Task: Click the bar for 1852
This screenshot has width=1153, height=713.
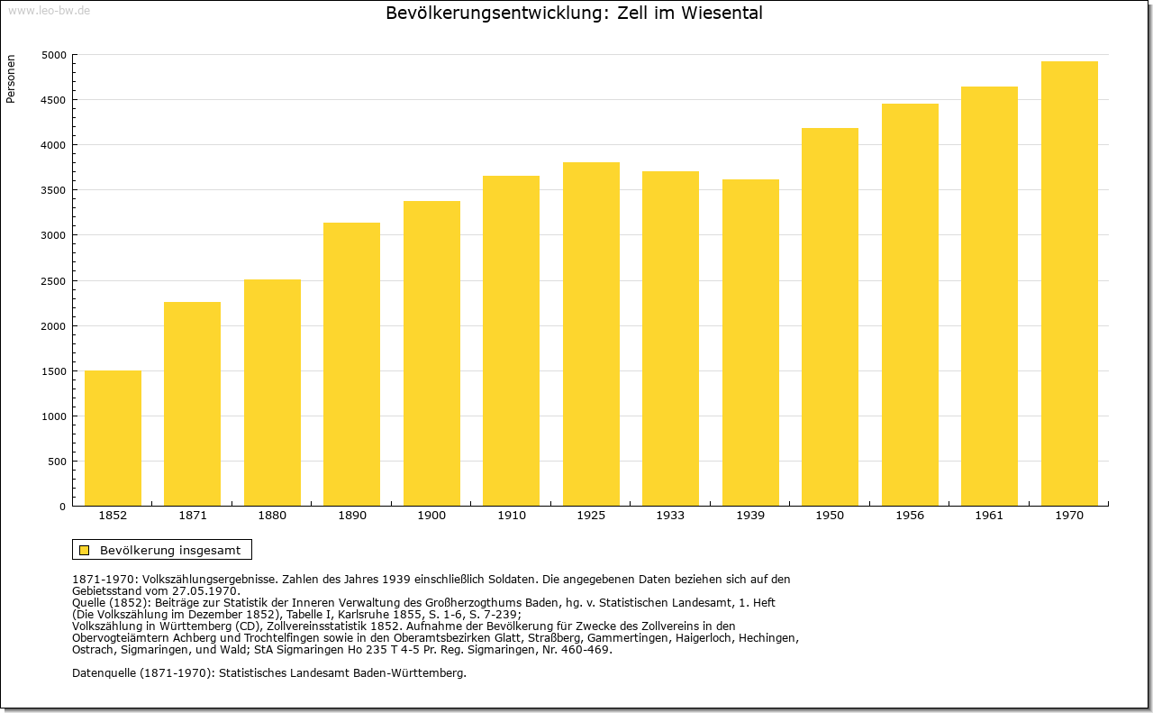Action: pyautogui.click(x=113, y=438)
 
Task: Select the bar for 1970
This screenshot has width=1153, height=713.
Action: pyautogui.click(x=1069, y=283)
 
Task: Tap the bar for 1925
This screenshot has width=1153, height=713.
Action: pyautogui.click(x=591, y=334)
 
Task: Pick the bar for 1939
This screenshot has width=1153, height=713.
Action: pyautogui.click(x=750, y=343)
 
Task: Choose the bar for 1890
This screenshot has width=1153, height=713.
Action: pyautogui.click(x=351, y=364)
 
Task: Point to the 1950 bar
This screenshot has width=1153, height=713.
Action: pyautogui.click(x=830, y=316)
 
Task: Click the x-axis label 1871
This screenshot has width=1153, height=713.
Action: pyautogui.click(x=193, y=516)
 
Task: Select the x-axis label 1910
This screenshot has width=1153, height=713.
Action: pyautogui.click(x=512, y=516)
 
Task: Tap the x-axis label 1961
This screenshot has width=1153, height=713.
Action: pyautogui.click(x=989, y=516)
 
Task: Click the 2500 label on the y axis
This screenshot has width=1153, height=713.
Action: pyautogui.click(x=53, y=281)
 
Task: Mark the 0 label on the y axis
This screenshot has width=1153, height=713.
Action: pyautogui.click(x=62, y=507)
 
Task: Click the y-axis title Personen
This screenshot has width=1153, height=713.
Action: pyautogui.click(x=10, y=78)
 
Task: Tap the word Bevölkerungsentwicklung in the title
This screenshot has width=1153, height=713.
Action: pyautogui.click(x=494, y=14)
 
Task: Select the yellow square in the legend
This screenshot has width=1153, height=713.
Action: pyautogui.click(x=85, y=550)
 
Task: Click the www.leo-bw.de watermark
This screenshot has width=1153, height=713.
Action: pyautogui.click(x=49, y=10)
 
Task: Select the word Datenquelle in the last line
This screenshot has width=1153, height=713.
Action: pyautogui.click(x=104, y=673)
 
